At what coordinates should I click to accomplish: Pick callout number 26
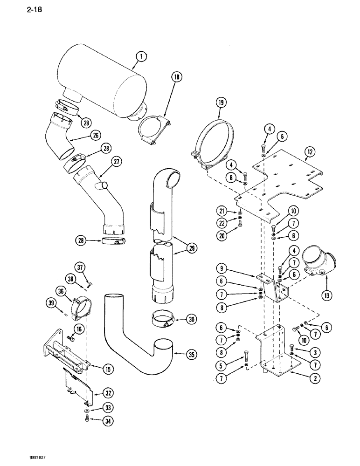[x=96, y=136]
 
